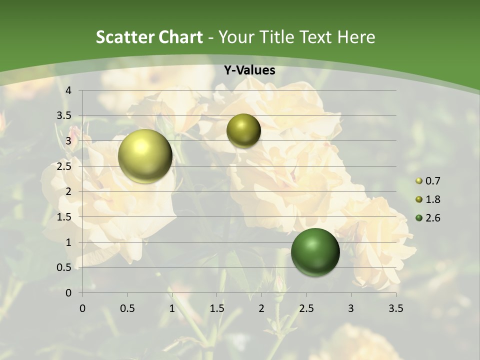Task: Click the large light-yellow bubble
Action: click(145, 156)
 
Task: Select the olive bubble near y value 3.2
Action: click(243, 130)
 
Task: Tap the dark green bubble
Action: click(315, 252)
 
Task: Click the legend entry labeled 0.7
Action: click(428, 181)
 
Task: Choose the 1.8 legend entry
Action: click(428, 199)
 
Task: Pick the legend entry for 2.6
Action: click(428, 218)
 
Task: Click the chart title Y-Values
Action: click(249, 70)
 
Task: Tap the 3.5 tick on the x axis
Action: click(395, 308)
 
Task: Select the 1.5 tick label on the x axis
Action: click(216, 308)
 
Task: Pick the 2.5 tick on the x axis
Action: click(306, 308)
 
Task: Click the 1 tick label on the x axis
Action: click(172, 308)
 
